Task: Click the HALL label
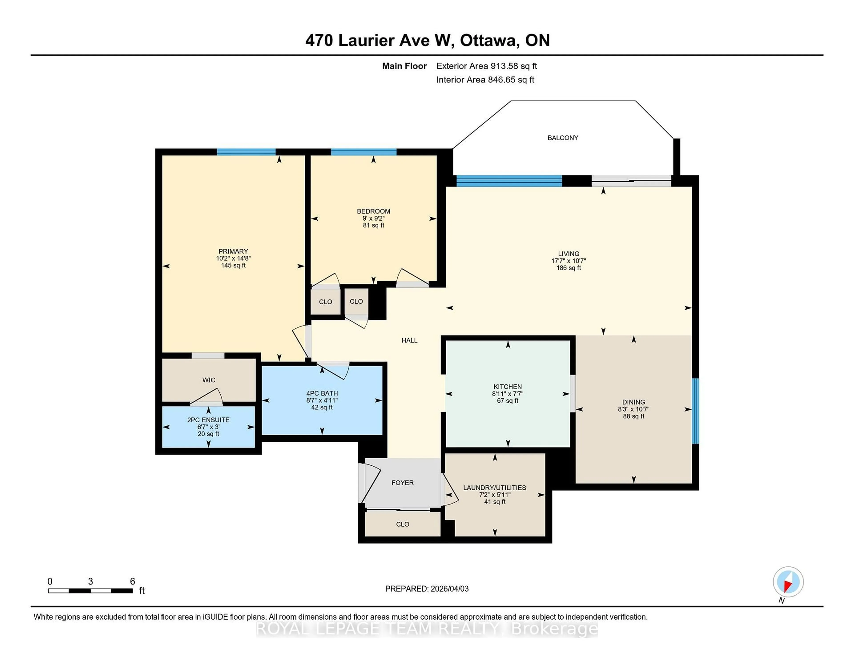tap(409, 340)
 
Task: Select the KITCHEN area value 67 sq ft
tap(508, 401)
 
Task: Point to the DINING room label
tap(633, 402)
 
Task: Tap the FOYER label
tap(402, 483)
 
